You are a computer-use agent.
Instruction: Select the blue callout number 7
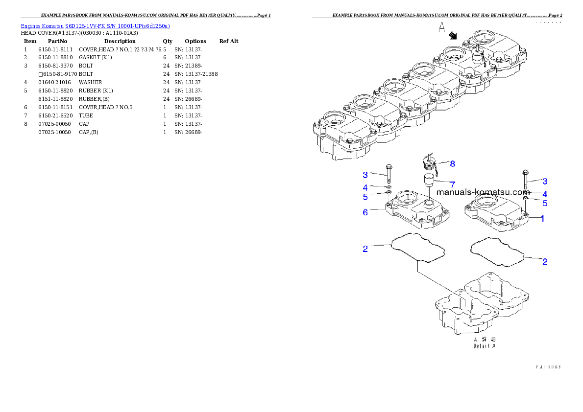(x=453, y=184)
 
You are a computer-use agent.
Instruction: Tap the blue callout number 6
(x=365, y=212)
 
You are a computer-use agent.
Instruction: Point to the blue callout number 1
(x=542, y=219)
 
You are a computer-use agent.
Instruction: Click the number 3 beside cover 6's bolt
(x=365, y=175)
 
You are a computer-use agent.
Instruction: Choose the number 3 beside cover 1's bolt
(x=544, y=181)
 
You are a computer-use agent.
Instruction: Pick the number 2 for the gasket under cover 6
(x=365, y=249)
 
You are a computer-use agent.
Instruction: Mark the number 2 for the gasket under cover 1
(x=544, y=262)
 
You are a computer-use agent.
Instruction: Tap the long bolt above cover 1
(x=525, y=180)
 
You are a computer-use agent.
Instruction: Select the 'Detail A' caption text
(x=484, y=346)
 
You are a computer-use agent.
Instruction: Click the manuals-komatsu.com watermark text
(x=483, y=193)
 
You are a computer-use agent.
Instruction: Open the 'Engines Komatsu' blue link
(x=43, y=26)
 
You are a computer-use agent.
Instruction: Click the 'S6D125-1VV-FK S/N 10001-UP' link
(x=118, y=26)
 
